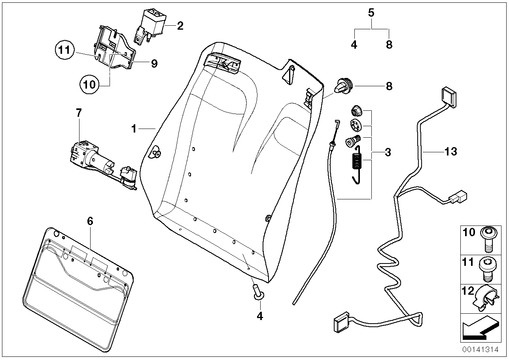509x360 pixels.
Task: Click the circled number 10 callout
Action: point(89,84)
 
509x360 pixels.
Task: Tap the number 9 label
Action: point(154,63)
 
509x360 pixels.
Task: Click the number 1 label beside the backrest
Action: point(134,129)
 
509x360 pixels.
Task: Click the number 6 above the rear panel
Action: point(90,221)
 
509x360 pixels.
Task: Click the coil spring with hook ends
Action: point(357,163)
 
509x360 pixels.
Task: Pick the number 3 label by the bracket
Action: point(388,152)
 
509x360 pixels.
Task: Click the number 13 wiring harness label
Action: point(450,151)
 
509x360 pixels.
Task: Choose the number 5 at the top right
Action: point(371,13)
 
